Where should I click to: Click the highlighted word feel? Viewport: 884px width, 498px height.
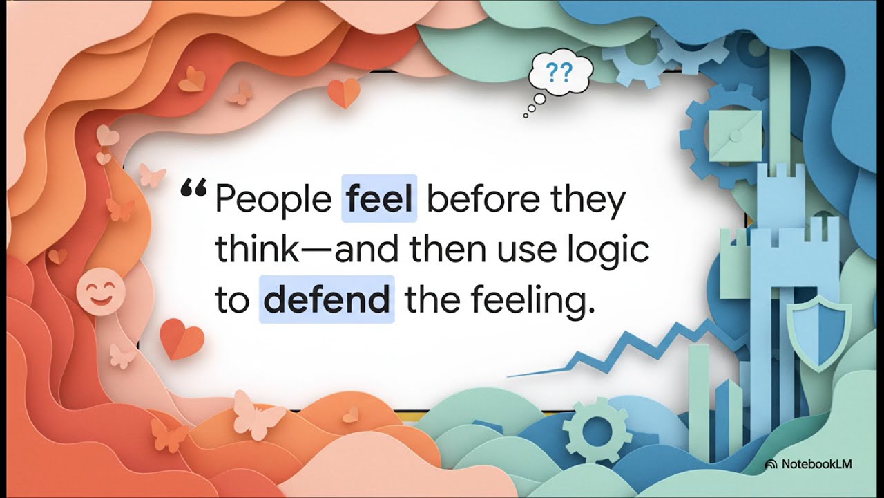pyautogui.click(x=379, y=199)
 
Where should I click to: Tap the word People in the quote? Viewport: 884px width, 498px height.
pyautogui.click(x=273, y=200)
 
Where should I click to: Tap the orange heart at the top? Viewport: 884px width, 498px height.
pyautogui.click(x=343, y=92)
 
